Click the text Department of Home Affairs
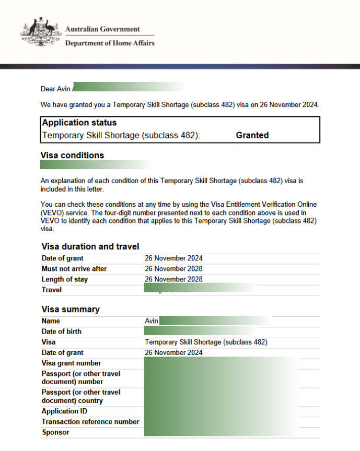click(x=110, y=43)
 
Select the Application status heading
click(x=79, y=123)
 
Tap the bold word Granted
click(x=252, y=135)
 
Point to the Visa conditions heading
click(x=72, y=156)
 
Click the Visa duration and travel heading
click(x=90, y=246)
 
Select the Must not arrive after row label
click(x=74, y=269)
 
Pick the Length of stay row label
click(x=65, y=279)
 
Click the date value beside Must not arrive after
click(x=173, y=269)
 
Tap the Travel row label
click(x=52, y=290)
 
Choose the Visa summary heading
click(x=70, y=309)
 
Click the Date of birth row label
click(x=62, y=331)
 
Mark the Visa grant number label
click(x=72, y=363)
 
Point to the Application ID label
click(x=64, y=411)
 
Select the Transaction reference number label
click(x=90, y=422)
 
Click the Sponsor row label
click(x=55, y=432)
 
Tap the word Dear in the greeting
click(x=48, y=89)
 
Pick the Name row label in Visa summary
click(x=51, y=321)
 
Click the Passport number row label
click(x=81, y=377)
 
